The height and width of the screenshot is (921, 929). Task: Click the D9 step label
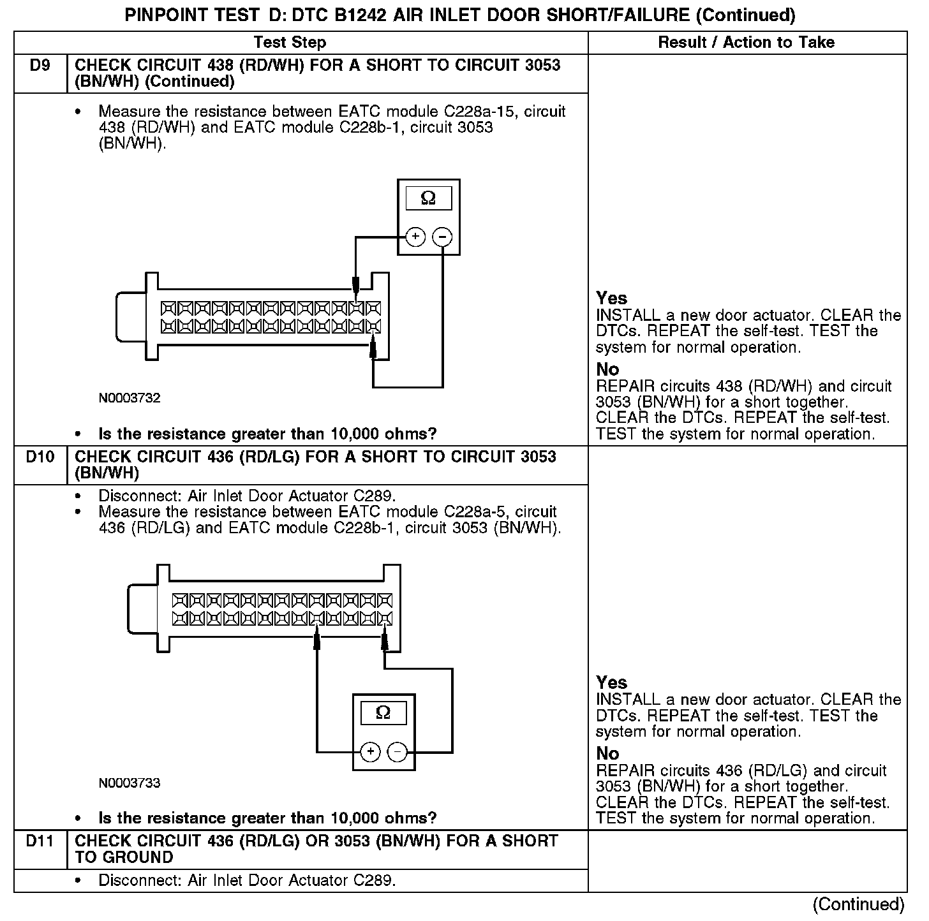40,65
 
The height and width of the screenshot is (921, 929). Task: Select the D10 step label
40,457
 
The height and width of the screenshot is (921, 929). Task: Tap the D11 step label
40,841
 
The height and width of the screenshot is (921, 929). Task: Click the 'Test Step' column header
290,43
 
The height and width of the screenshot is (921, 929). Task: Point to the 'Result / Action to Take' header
746,43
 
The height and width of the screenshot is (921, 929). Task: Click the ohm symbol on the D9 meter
428,198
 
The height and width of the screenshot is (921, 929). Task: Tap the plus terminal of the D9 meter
415,237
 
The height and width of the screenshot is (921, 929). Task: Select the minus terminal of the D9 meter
442,237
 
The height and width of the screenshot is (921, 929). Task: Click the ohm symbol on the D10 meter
383,712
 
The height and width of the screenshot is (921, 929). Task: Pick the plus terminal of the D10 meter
370,753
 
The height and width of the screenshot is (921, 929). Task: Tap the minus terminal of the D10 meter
398,753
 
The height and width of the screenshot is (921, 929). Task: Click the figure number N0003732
130,398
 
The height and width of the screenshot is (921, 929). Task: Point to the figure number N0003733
130,783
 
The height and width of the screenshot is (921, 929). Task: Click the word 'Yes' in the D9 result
611,298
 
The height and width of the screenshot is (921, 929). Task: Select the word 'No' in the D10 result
607,753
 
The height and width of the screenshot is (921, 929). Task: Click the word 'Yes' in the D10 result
611,682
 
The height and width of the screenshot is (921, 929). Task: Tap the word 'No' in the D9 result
607,369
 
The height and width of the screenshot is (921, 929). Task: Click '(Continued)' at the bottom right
858,904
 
